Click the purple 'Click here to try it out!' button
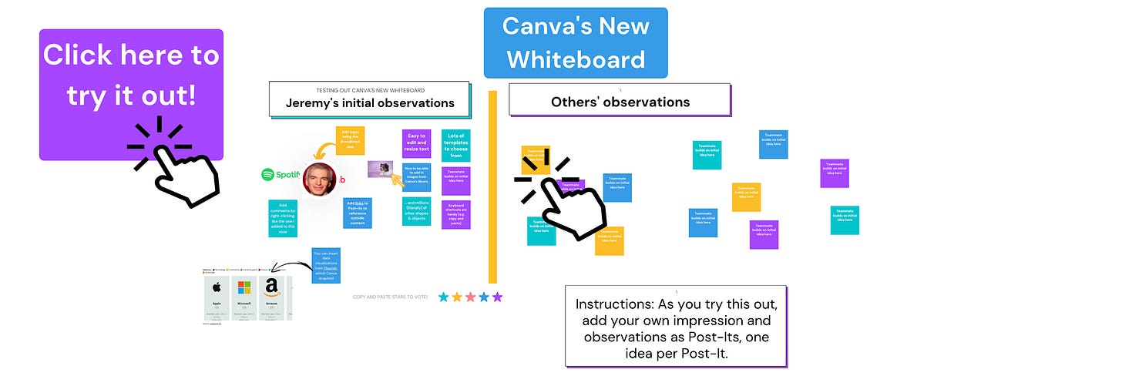(131, 94)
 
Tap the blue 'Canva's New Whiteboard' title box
(576, 42)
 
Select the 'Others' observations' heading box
(620, 100)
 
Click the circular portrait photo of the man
(318, 178)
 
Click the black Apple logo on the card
(217, 289)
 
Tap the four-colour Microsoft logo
(244, 288)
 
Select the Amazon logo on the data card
(270, 287)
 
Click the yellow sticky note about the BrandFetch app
(350, 141)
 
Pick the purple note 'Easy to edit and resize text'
(416, 143)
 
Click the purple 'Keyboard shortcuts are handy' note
(456, 214)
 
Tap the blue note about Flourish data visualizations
(326, 265)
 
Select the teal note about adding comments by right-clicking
(283, 218)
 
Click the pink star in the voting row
(470, 297)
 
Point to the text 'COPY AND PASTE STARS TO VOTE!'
(390, 297)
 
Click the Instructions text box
(675, 325)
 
